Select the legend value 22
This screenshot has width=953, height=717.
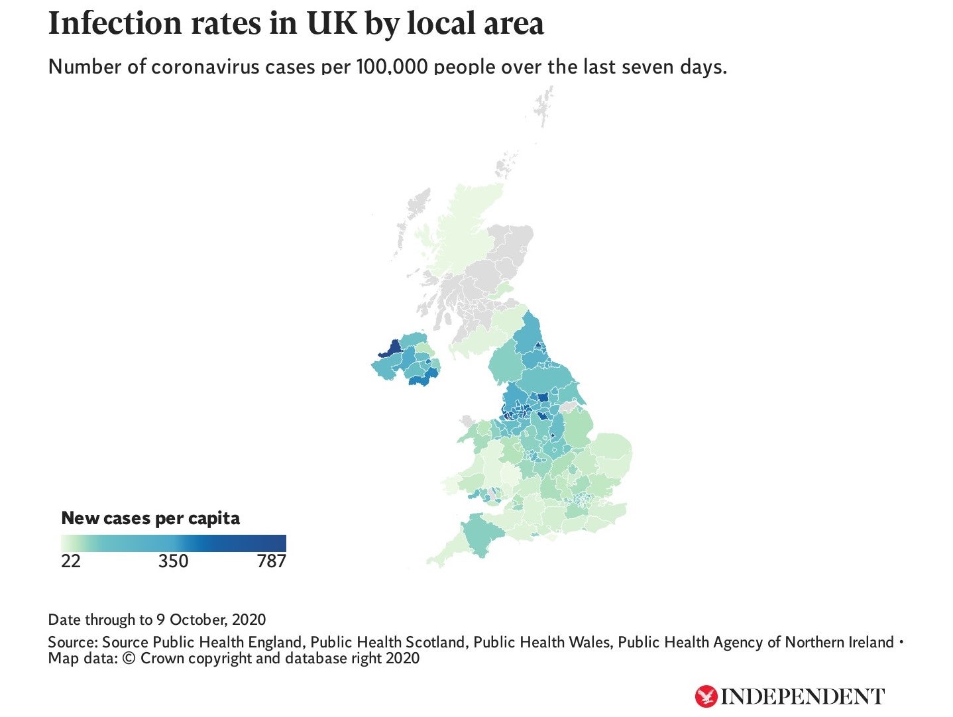click(71, 561)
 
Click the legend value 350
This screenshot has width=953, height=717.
click(174, 561)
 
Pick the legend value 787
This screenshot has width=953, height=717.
click(271, 561)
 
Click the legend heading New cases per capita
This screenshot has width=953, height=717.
click(150, 518)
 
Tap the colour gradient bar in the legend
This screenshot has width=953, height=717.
click(174, 543)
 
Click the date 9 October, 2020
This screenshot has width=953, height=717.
click(211, 620)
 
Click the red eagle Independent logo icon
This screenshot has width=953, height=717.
click(706, 696)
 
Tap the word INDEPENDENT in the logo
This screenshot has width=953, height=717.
click(803, 696)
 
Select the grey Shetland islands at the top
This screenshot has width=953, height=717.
click(545, 106)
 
